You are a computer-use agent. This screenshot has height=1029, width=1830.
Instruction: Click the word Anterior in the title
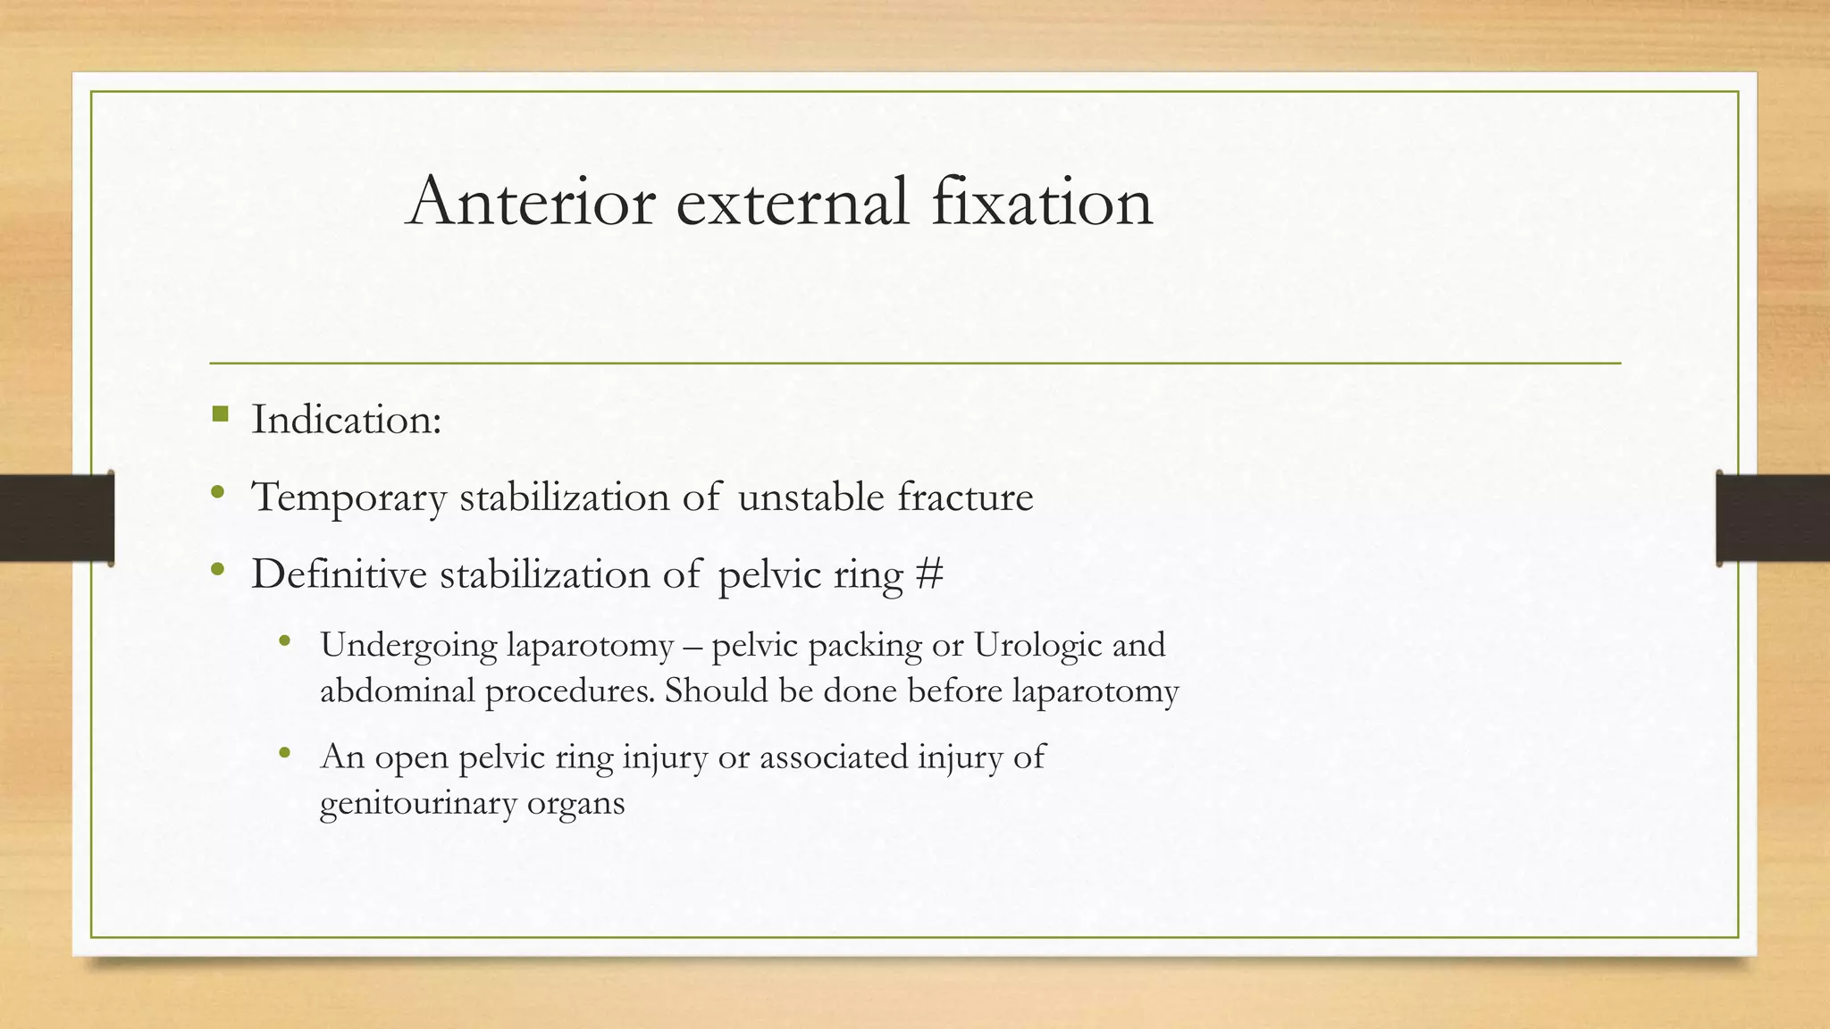click(x=531, y=201)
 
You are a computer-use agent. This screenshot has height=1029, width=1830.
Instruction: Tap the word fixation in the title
click(x=1042, y=201)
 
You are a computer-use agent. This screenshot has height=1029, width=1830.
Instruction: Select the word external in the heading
click(x=793, y=201)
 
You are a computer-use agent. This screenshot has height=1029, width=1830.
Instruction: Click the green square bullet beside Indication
click(x=221, y=414)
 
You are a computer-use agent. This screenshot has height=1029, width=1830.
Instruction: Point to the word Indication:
click(x=347, y=420)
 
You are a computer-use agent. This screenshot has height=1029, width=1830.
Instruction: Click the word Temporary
click(x=348, y=498)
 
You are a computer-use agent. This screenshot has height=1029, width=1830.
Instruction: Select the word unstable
click(x=810, y=497)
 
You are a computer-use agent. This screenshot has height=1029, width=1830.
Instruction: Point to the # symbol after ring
click(x=929, y=574)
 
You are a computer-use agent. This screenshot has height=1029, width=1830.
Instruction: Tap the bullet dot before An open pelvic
click(x=285, y=753)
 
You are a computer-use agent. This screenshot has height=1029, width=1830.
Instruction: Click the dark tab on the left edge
click(x=55, y=518)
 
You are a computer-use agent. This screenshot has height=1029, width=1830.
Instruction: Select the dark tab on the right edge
click(x=1774, y=518)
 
